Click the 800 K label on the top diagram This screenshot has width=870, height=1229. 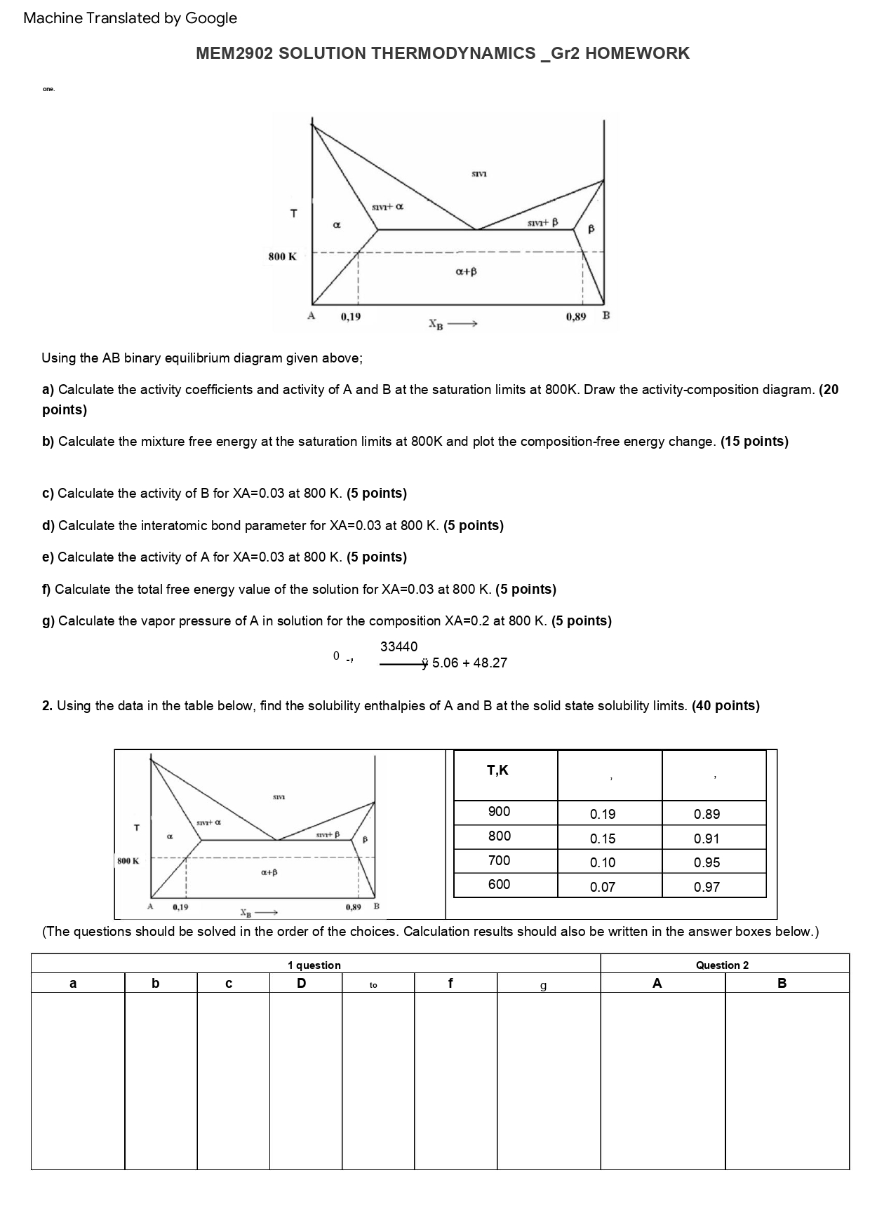[282, 257]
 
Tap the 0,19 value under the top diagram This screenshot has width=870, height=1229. [351, 317]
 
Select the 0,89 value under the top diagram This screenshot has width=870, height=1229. [575, 317]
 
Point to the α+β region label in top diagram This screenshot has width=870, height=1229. [466, 271]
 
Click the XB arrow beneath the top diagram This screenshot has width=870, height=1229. [453, 325]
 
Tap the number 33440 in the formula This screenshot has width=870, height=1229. [399, 646]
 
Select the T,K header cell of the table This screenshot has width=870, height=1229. [497, 770]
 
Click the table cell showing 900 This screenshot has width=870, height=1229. [499, 812]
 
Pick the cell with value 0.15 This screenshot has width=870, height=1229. [602, 838]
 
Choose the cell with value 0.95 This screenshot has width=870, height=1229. [707, 863]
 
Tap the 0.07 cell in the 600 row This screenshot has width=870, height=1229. [602, 887]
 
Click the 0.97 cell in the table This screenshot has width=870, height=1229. [707, 887]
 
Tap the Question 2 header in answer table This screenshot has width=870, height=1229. [722, 965]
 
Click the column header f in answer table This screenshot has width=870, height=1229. [450, 983]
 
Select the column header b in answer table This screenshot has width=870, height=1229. [155, 983]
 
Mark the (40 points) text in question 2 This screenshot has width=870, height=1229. [725, 706]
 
